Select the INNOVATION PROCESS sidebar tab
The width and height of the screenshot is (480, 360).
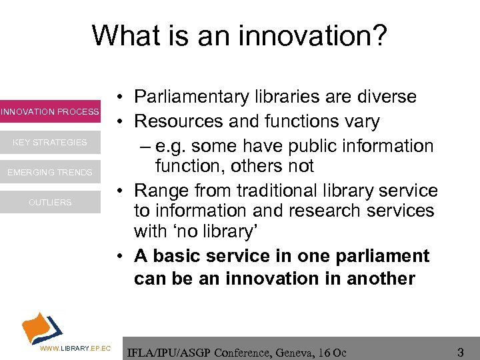(50, 111)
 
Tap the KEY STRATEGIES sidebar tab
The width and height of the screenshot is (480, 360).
(50, 142)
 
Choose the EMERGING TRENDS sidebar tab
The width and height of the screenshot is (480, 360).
(50, 173)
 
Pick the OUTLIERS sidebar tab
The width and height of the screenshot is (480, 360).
(50, 203)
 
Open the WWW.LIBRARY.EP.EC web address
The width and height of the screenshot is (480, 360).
(75, 349)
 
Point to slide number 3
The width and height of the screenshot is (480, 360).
(460, 351)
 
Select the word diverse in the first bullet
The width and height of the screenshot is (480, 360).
(383, 97)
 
